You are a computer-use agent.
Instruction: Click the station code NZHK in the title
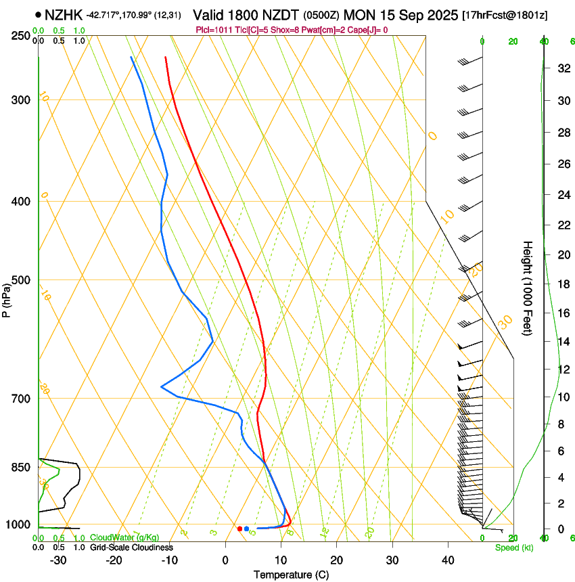64,14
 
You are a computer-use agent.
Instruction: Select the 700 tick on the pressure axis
20,399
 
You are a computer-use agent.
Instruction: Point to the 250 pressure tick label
20,35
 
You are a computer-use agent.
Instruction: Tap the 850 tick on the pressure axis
20,468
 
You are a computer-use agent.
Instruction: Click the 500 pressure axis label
20,280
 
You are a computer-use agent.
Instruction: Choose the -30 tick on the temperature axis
58,560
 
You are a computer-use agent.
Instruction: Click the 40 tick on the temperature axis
447,560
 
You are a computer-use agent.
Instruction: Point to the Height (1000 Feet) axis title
528,288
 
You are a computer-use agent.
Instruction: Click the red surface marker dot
239,529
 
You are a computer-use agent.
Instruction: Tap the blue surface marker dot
247,529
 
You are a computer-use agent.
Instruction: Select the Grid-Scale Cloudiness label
131,547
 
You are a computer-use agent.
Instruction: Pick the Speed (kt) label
514,547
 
